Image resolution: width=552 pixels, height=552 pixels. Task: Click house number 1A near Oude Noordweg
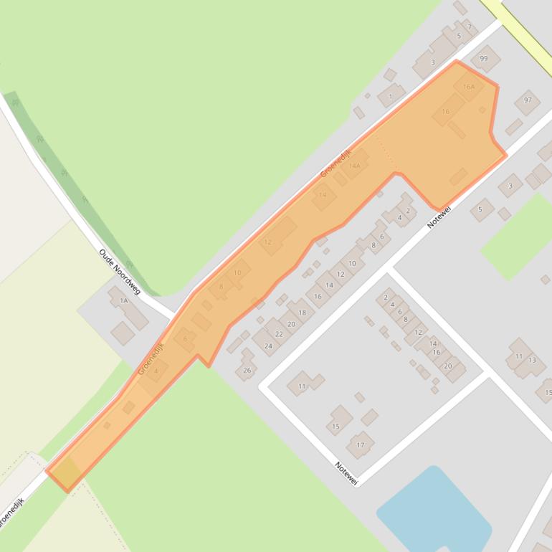point(123,301)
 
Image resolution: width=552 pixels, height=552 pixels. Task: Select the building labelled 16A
point(469,87)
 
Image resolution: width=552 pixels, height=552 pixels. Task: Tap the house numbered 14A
point(354,166)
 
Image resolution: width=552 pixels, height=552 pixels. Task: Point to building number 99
point(485,59)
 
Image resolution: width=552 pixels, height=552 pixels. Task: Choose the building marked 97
point(528,100)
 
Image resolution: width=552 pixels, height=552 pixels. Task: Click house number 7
point(470,28)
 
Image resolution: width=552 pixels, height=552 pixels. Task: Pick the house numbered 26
point(247,370)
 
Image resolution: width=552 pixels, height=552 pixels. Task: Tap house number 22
point(279,334)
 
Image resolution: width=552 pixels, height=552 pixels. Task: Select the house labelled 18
point(302,313)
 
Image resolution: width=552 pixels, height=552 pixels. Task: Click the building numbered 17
point(361,444)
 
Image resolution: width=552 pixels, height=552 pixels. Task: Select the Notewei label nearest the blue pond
point(346,475)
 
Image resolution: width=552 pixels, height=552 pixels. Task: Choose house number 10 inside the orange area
point(237,273)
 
